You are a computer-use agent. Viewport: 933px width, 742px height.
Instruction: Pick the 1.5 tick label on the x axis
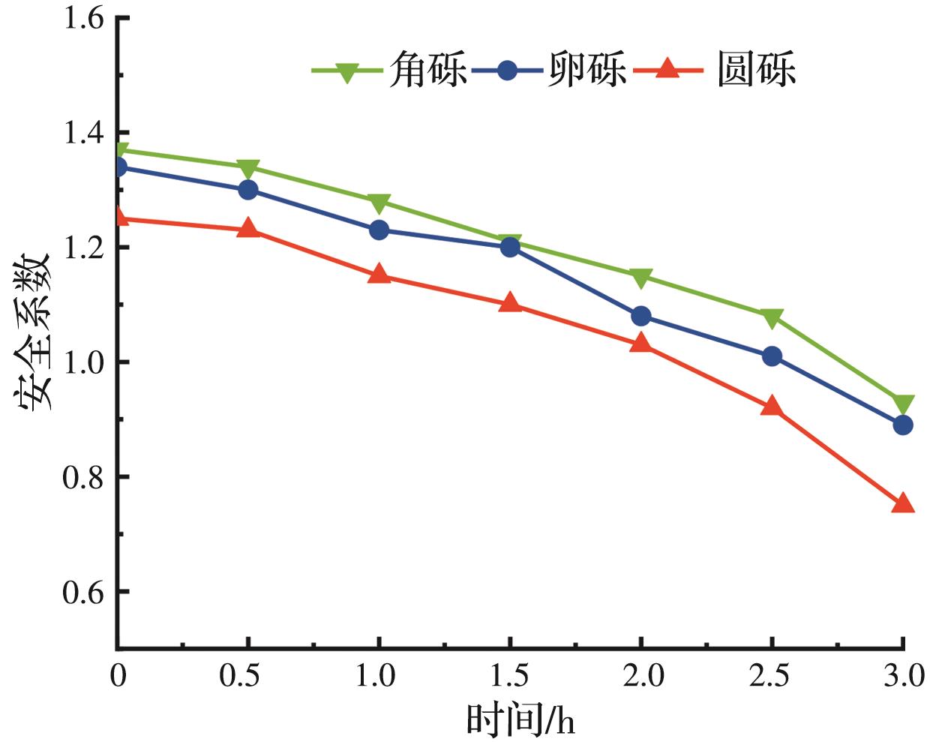tap(509, 676)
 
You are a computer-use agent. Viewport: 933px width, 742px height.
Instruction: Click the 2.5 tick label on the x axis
tap(771, 676)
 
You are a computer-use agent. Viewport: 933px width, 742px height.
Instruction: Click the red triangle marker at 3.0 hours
tap(903, 503)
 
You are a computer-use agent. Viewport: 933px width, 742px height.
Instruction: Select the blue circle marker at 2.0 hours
tap(641, 316)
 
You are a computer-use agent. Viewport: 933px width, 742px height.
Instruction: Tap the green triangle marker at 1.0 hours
tap(379, 203)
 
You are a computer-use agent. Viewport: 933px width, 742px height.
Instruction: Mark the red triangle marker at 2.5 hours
tap(772, 407)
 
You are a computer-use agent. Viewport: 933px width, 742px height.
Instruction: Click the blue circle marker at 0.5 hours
tap(248, 190)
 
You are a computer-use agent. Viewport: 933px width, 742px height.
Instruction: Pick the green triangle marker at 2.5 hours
tap(772, 318)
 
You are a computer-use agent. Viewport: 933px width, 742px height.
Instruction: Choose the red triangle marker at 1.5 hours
tap(510, 303)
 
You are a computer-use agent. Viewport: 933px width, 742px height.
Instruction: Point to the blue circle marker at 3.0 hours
tap(903, 425)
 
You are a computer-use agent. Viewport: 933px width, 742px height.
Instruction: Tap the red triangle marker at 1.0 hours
tap(379, 275)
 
